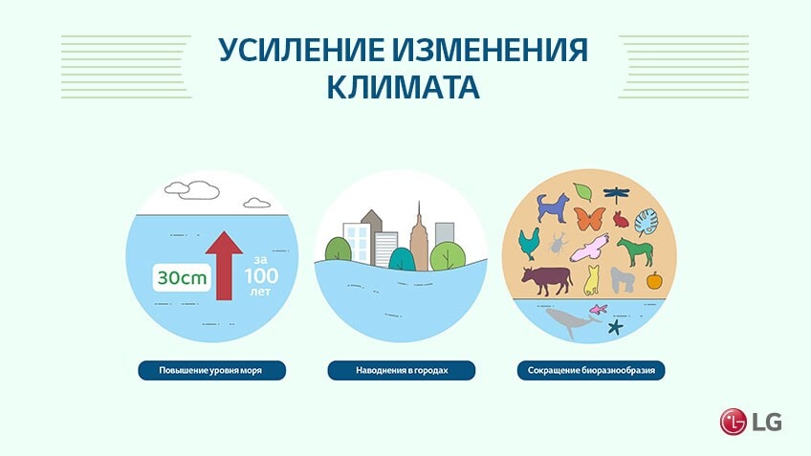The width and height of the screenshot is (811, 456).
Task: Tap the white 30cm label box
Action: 182,277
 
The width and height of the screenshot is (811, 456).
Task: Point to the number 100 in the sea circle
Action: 261,276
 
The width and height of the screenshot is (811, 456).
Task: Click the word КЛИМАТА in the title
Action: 404,87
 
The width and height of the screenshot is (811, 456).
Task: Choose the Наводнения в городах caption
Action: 402,371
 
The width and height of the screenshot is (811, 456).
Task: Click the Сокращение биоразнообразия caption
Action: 591,371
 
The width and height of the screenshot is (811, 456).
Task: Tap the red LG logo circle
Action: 733,422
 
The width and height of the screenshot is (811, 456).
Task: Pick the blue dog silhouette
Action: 553,207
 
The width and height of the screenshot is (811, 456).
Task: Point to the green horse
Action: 635,251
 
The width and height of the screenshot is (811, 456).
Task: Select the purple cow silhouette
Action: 547,281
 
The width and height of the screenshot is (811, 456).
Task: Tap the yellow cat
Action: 591,281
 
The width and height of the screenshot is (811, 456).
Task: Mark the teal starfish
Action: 615,327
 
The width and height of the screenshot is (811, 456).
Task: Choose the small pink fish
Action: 599,309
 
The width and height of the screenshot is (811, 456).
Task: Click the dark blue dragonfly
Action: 616,195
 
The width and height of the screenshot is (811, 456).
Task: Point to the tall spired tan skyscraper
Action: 419,237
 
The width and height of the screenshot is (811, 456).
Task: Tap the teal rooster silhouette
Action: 529,244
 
